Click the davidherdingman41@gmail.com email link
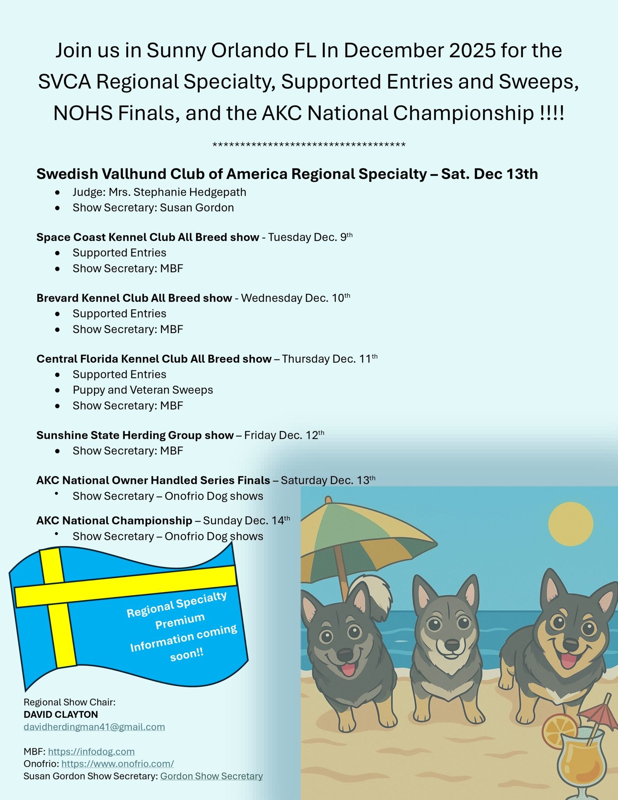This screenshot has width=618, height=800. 94,727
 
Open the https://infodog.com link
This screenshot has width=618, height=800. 91,751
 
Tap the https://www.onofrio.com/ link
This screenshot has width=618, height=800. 117,764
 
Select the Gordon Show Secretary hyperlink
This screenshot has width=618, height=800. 211,776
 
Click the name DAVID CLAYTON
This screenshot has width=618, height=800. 61,714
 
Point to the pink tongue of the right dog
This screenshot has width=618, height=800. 568,661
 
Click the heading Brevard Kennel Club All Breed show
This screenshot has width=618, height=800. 134,298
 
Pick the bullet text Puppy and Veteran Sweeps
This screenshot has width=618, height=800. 143,390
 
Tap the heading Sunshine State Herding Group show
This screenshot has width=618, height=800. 135,435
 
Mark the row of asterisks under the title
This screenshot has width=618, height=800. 309,145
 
